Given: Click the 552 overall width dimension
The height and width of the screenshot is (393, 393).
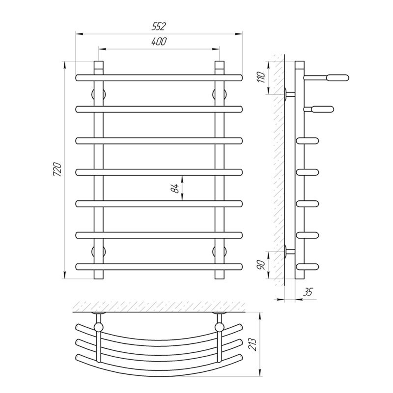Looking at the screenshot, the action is (x=159, y=26).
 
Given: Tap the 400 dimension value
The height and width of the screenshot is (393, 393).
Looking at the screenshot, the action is (x=159, y=41).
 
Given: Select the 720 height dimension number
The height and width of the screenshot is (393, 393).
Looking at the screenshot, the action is (x=57, y=169).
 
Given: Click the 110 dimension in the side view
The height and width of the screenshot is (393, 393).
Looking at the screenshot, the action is (x=261, y=77).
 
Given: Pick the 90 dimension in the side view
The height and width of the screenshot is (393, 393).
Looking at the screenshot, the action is (x=261, y=265).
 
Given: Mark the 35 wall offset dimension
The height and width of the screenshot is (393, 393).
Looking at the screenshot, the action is (x=308, y=292).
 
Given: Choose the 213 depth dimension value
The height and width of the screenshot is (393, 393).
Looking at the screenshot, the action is (x=253, y=344).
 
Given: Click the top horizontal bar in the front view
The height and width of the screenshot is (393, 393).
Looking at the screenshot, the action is (x=159, y=78).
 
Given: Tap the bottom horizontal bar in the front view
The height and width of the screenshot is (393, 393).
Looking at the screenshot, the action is (x=159, y=267).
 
